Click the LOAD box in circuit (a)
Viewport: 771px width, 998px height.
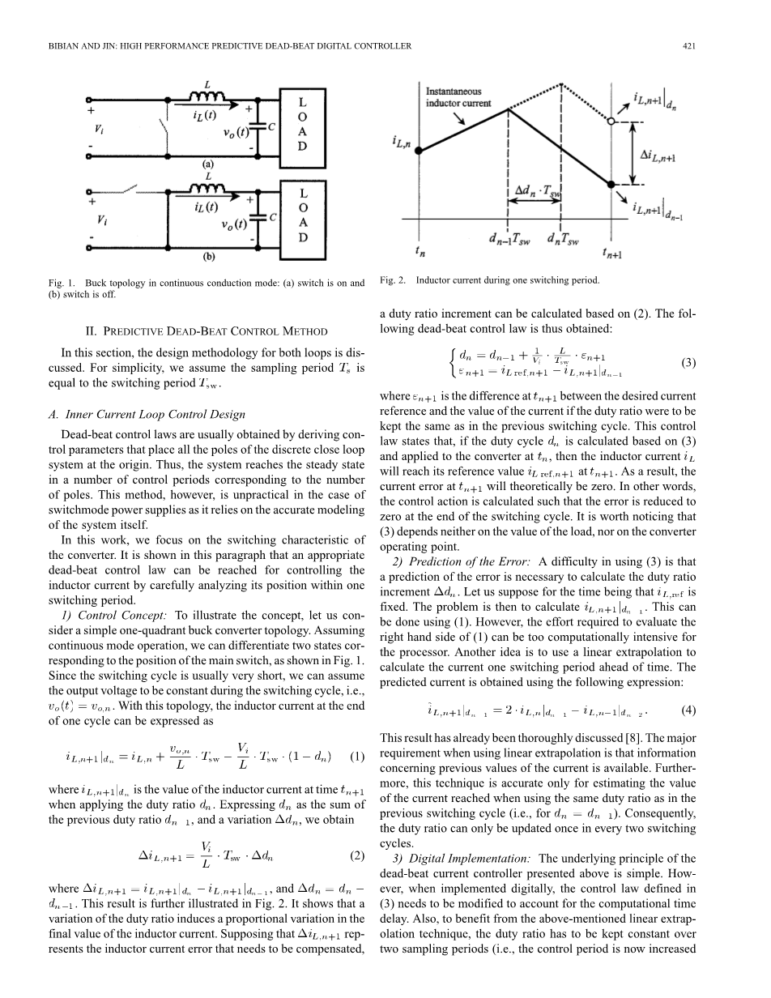pos(302,126)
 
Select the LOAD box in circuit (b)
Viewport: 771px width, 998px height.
pos(302,216)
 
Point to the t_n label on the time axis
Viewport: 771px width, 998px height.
pos(420,251)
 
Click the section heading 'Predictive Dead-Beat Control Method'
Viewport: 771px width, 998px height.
pos(207,331)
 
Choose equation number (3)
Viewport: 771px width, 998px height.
pos(688,363)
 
